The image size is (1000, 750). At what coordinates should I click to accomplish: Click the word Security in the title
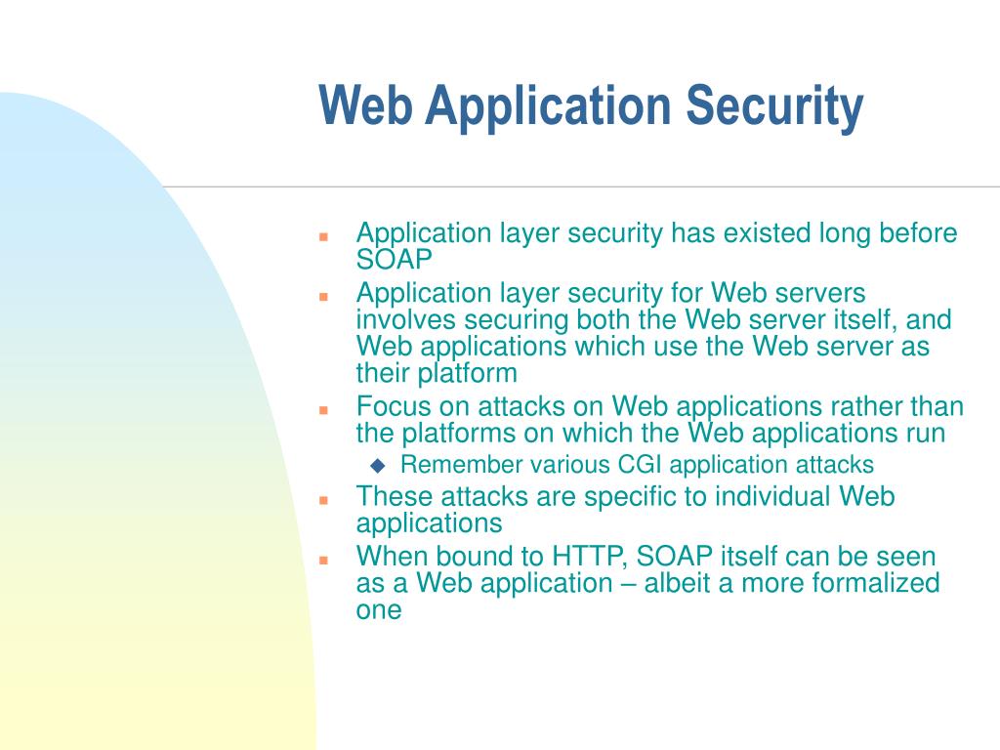tap(776, 107)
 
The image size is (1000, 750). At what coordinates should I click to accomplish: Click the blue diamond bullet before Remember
tap(378, 465)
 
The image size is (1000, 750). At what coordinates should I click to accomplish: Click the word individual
tap(772, 496)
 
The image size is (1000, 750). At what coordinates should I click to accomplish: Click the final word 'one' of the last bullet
tap(379, 609)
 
